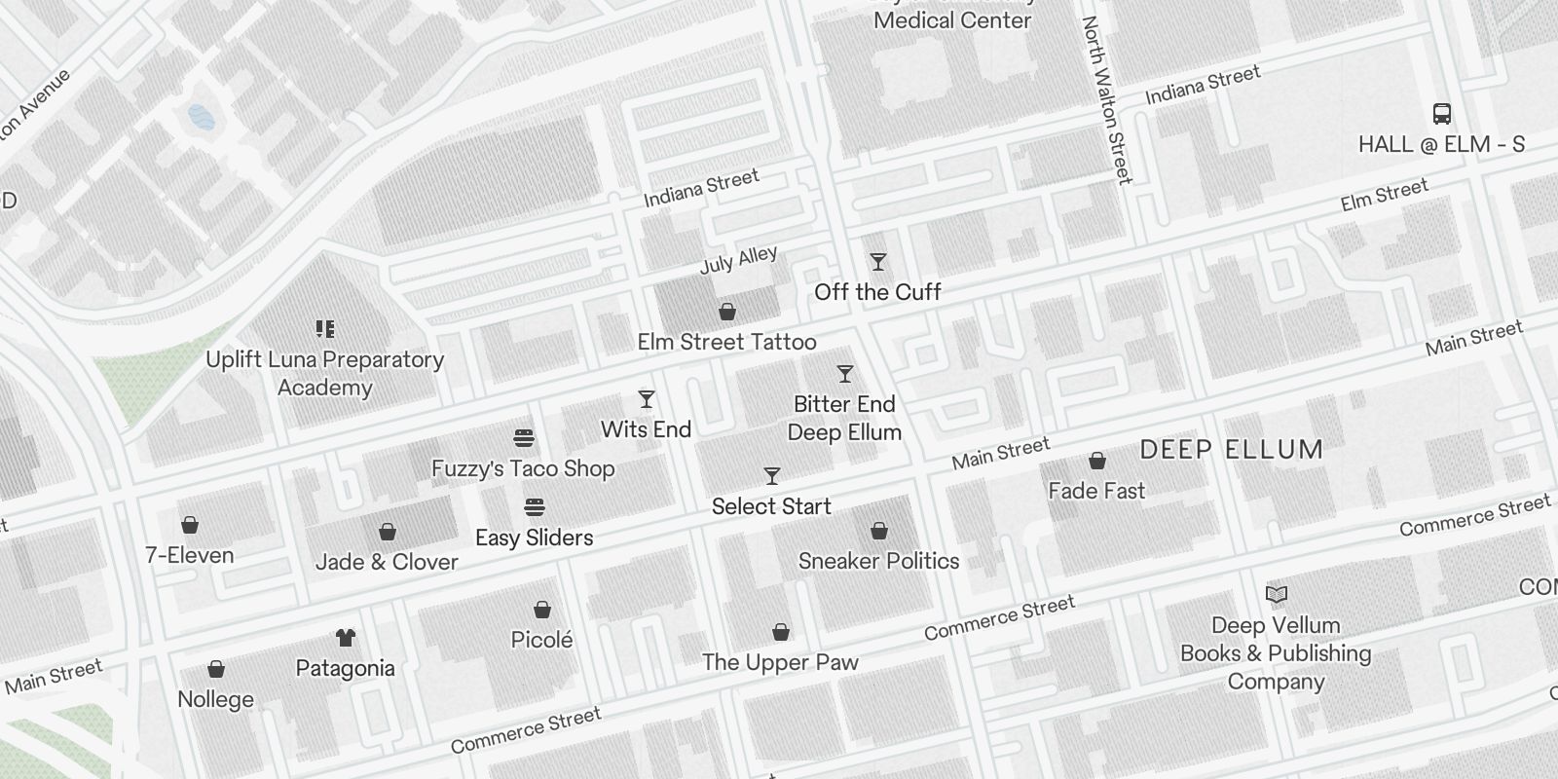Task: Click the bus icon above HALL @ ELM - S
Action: coord(1442,114)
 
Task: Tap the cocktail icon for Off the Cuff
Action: coord(878,262)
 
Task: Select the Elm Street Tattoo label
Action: coord(726,342)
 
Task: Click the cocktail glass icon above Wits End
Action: coord(647,399)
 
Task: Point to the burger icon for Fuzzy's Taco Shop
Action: coord(524,438)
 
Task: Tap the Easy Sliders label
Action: coord(534,538)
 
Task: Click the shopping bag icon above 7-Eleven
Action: coord(190,526)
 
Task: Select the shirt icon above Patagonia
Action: coord(345,638)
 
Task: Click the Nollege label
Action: coord(215,699)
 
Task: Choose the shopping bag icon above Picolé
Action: coord(542,610)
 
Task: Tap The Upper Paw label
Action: coord(780,662)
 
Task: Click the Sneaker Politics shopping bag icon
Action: coord(879,531)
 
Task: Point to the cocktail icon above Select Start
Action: coord(772,476)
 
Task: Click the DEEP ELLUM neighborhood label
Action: coord(1231,450)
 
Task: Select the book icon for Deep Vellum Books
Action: coord(1276,594)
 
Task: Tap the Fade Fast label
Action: coord(1096,491)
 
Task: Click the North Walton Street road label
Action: coord(1107,100)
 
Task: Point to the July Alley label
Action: coord(739,260)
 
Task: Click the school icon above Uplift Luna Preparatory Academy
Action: coord(325,329)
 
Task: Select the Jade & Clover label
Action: coord(387,562)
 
